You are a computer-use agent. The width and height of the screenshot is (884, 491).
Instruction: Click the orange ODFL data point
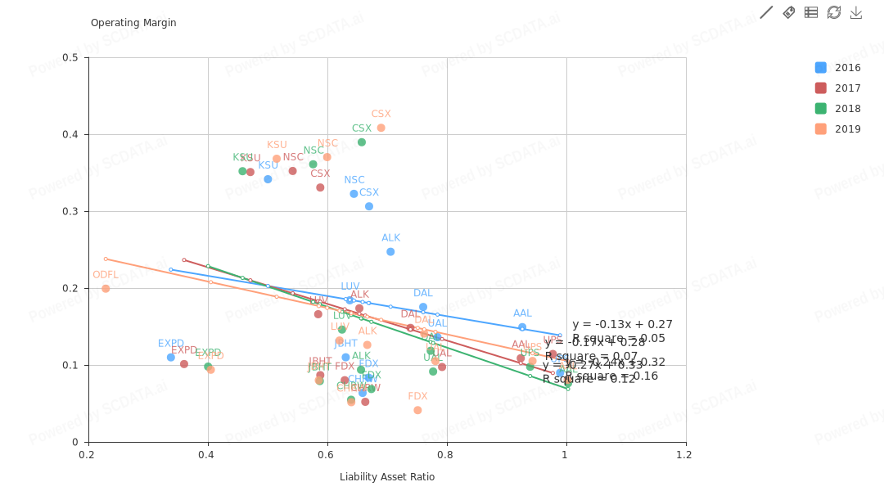(106, 289)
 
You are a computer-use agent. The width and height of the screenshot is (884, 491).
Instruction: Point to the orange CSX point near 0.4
(381, 128)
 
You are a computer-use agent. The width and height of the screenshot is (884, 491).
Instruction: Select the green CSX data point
(362, 142)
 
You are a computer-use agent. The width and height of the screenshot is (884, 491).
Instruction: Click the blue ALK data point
(390, 252)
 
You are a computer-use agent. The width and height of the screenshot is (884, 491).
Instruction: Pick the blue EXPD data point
(171, 358)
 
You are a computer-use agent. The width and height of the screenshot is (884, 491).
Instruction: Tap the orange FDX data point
(417, 410)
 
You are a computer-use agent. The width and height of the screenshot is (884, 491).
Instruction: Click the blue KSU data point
(268, 179)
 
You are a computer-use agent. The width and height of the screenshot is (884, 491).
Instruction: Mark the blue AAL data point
(522, 327)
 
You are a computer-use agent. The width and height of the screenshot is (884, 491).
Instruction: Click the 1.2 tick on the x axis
(686, 455)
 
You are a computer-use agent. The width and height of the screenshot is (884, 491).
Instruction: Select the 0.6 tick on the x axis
(327, 455)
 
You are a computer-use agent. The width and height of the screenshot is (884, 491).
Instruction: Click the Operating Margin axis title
(133, 23)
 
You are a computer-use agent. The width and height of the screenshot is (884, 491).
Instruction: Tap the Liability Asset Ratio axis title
(387, 477)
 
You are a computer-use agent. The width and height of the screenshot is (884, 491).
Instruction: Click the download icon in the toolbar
(856, 12)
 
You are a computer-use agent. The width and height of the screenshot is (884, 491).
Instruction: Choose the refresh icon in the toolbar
(834, 12)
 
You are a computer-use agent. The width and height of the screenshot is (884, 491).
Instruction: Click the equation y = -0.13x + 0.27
(622, 325)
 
